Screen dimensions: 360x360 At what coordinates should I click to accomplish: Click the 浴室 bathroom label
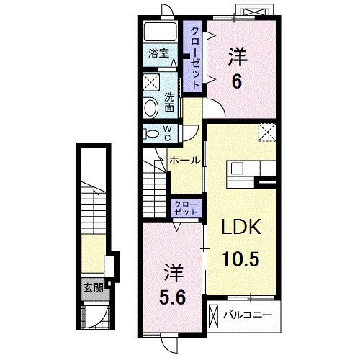tap(158, 53)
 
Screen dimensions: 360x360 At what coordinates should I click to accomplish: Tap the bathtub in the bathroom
tap(160, 32)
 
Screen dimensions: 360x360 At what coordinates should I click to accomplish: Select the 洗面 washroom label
tap(169, 102)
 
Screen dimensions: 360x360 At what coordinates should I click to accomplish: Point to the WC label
tap(168, 133)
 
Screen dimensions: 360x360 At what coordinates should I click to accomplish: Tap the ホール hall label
tap(184, 161)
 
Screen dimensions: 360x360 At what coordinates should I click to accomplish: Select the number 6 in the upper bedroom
tap(237, 82)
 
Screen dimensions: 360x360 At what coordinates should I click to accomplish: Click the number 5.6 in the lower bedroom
tap(172, 298)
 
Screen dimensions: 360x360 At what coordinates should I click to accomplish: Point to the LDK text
tap(241, 227)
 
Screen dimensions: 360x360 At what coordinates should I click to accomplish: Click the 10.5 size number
tap(241, 259)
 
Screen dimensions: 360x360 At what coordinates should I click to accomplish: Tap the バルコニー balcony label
tap(248, 315)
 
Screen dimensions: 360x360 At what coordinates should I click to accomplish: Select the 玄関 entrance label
tap(94, 287)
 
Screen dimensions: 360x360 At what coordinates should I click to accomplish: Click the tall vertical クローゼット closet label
tap(195, 58)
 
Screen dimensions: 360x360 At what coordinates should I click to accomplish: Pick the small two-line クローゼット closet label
tap(186, 208)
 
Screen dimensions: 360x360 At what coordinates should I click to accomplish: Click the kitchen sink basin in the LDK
tap(238, 168)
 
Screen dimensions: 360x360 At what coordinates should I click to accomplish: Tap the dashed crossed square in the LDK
tap(267, 132)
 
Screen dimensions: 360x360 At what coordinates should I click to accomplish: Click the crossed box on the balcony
tap(214, 315)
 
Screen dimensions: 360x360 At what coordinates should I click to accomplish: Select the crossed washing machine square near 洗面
tap(151, 82)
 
